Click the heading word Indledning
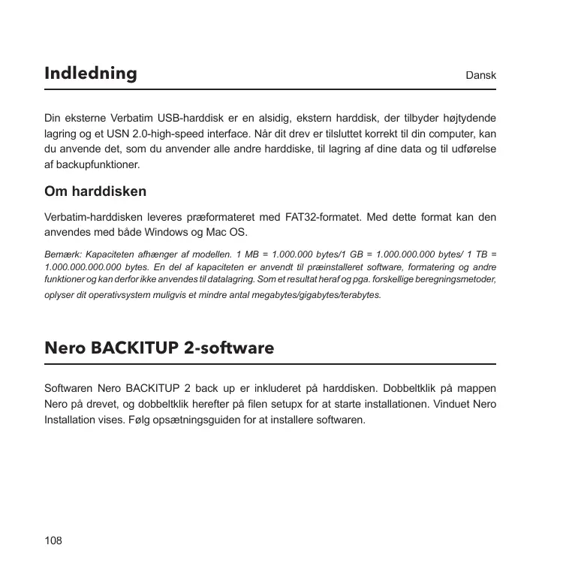[91, 74]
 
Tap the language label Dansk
[481, 77]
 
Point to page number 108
[53, 540]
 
